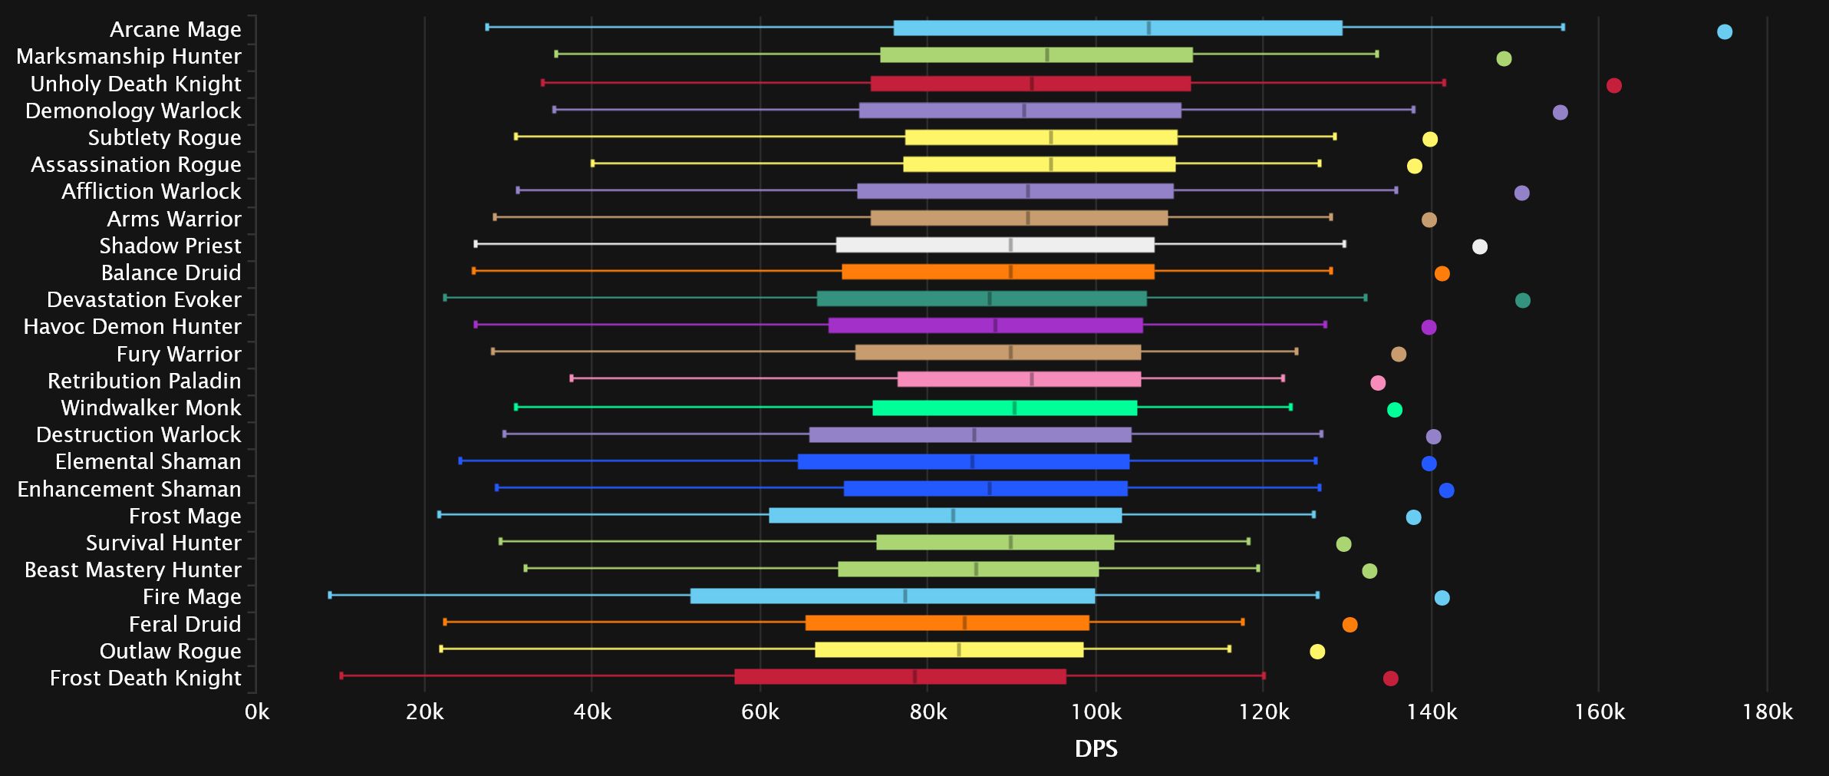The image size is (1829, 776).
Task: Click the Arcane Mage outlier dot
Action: pos(1724,31)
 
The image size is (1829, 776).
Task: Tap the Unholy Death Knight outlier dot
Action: pos(1613,85)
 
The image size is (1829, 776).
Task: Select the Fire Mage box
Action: pos(892,596)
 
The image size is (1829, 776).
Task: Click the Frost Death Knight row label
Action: pos(145,678)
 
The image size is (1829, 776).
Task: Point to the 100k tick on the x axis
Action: pos(1096,712)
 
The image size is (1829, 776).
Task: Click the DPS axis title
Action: pos(1096,748)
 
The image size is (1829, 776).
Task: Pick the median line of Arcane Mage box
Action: pos(1148,28)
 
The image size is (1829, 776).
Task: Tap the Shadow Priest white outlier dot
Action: pos(1479,246)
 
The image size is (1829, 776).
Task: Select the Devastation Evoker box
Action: pos(981,299)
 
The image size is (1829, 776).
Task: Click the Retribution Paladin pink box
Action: pos(1019,379)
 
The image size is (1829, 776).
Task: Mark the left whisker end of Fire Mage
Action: pos(330,595)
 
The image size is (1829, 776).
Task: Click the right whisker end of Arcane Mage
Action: pos(1563,28)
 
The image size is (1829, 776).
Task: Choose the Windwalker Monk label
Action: pos(150,408)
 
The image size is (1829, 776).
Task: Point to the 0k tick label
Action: pos(257,712)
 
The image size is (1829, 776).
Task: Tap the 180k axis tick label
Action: pos(1767,712)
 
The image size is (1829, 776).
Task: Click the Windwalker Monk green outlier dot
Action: pos(1394,410)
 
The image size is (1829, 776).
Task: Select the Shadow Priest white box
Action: pos(995,245)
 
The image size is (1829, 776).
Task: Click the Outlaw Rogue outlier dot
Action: pos(1317,652)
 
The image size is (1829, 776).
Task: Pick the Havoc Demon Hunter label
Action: pos(132,326)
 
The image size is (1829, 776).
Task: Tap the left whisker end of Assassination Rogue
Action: pos(592,163)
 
